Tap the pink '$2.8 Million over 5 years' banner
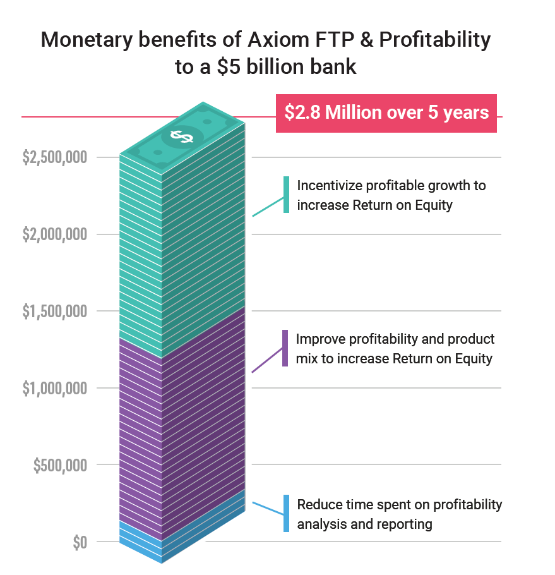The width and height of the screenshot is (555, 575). click(386, 113)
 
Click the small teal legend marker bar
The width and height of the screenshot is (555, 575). click(286, 195)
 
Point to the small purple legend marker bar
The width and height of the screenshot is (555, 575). click(285, 348)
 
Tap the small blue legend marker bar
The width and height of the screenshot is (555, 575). click(286, 513)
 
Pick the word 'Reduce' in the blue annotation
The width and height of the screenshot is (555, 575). click(318, 505)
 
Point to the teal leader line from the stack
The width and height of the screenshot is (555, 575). click(268, 207)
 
